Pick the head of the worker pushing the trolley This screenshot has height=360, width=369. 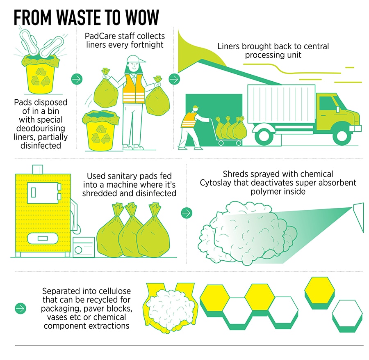(194, 109)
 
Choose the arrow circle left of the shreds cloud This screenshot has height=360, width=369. (186, 213)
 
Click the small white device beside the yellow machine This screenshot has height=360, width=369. (84, 247)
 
